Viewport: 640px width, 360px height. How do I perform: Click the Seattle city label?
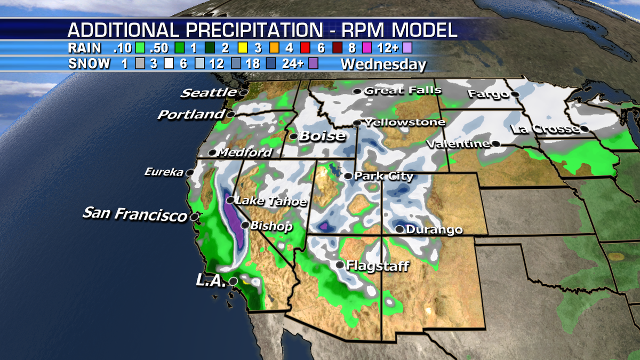(x=208, y=93)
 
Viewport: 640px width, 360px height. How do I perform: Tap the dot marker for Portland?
(x=230, y=114)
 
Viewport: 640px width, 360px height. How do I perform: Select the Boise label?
(x=322, y=136)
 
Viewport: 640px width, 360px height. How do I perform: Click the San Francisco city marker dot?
(x=195, y=217)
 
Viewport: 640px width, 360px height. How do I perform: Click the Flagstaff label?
(x=378, y=265)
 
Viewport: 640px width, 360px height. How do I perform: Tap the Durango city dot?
(x=400, y=229)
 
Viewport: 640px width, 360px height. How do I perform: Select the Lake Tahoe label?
(x=271, y=202)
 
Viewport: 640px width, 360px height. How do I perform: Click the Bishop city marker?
(x=245, y=226)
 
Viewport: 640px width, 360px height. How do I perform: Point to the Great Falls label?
(x=403, y=91)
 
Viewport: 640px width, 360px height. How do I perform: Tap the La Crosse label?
(x=545, y=129)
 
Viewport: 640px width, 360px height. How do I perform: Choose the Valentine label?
(x=458, y=143)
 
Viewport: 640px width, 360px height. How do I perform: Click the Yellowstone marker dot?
(x=356, y=123)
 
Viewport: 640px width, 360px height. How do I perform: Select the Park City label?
(x=384, y=176)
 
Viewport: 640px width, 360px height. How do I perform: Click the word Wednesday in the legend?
(x=383, y=65)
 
